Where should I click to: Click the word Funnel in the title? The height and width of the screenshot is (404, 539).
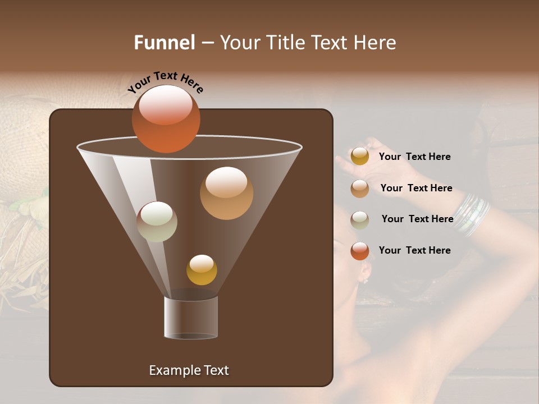tap(165, 43)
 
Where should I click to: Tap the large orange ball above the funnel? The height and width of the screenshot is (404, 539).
tap(166, 119)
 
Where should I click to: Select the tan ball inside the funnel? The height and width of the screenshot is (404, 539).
tap(226, 193)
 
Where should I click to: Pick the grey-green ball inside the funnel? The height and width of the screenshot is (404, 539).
tap(157, 222)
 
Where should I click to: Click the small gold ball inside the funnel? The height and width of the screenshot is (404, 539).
tap(202, 270)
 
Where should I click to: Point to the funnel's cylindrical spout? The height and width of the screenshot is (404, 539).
tap(191, 318)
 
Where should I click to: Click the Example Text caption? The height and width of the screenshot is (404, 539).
tap(189, 370)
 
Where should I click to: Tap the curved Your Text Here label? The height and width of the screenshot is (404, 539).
tap(166, 82)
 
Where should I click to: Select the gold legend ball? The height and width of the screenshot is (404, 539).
tap(360, 157)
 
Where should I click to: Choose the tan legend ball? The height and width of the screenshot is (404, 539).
tap(360, 189)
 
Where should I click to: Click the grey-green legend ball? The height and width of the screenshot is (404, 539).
tap(360, 219)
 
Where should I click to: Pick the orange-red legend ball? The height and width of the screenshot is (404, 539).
tap(360, 251)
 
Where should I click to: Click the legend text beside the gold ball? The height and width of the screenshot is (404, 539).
tap(414, 157)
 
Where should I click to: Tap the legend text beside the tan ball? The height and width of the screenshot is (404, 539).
tap(416, 189)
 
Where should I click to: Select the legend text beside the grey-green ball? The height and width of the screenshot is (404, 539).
tap(417, 219)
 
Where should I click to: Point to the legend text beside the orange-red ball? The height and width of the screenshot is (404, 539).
tap(414, 250)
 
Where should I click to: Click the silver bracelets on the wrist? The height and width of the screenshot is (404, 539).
tap(472, 214)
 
